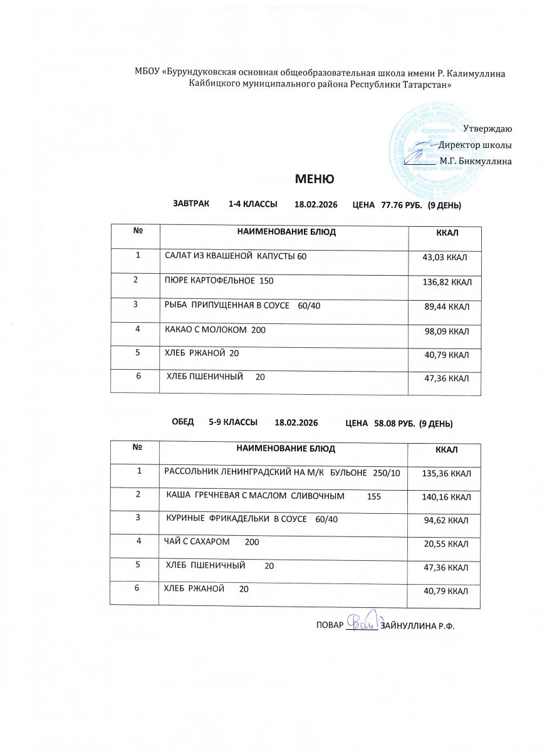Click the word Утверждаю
[487, 128]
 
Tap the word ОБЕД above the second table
[183, 423]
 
